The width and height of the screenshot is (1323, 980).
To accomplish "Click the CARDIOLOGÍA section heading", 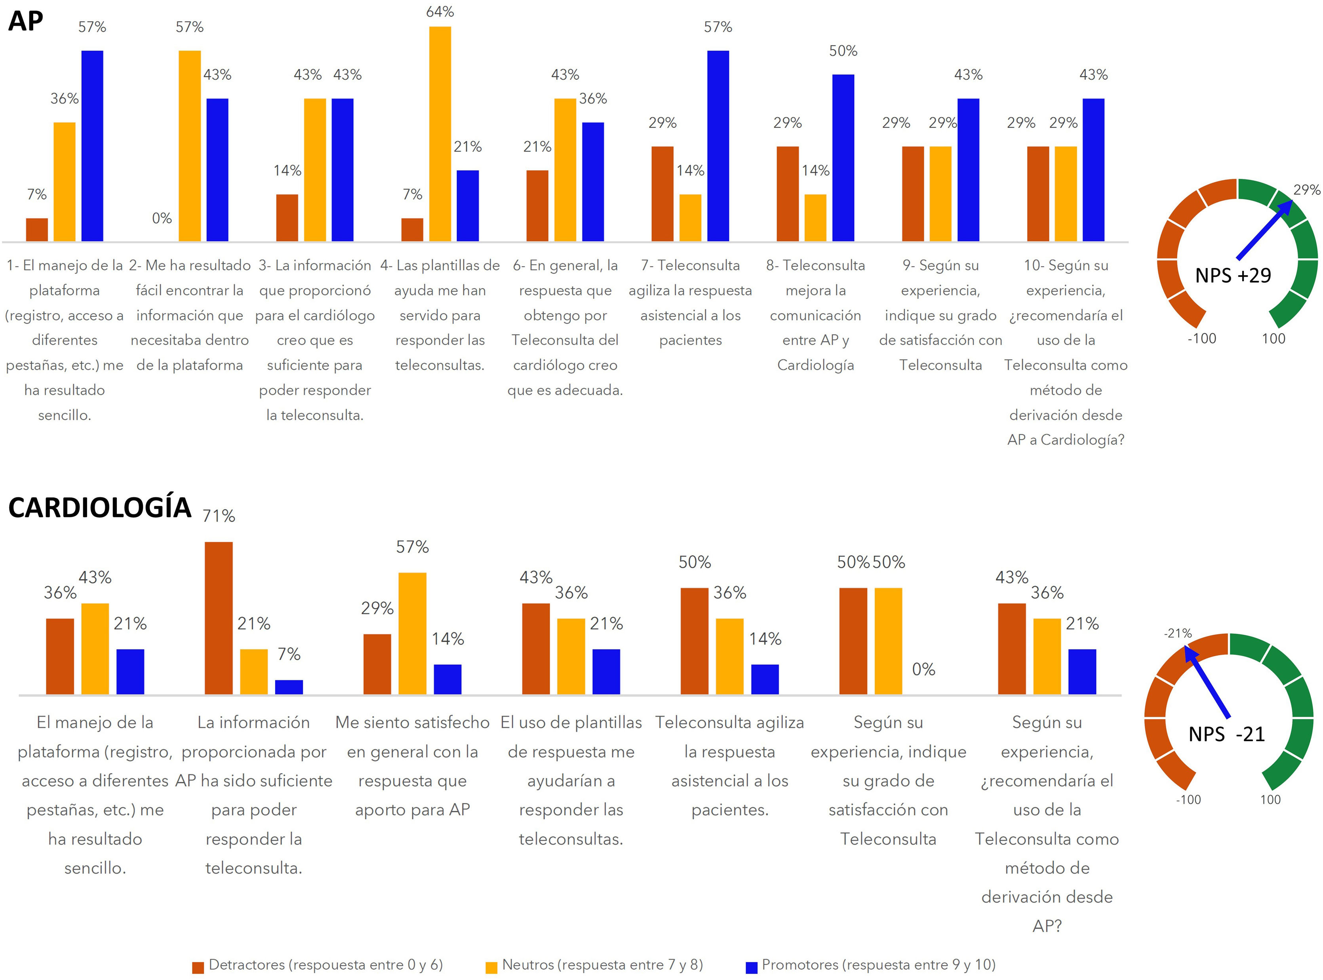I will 100,508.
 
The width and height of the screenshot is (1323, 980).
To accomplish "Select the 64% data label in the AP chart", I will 440,12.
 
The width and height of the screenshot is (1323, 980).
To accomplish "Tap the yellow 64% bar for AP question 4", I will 440,133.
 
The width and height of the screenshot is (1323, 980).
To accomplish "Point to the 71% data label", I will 218,516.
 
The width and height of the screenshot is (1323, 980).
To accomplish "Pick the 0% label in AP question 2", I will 162,218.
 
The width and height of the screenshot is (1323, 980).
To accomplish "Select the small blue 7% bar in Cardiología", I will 289,687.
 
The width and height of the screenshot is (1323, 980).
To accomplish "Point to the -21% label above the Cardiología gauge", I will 1178,633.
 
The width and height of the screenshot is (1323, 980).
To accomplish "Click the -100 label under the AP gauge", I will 1201,339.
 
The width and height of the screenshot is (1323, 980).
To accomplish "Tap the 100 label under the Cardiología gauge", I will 1270,800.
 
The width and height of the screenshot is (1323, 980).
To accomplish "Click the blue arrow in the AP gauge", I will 1264,231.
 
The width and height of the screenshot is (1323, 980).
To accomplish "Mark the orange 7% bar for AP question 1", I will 37,230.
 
